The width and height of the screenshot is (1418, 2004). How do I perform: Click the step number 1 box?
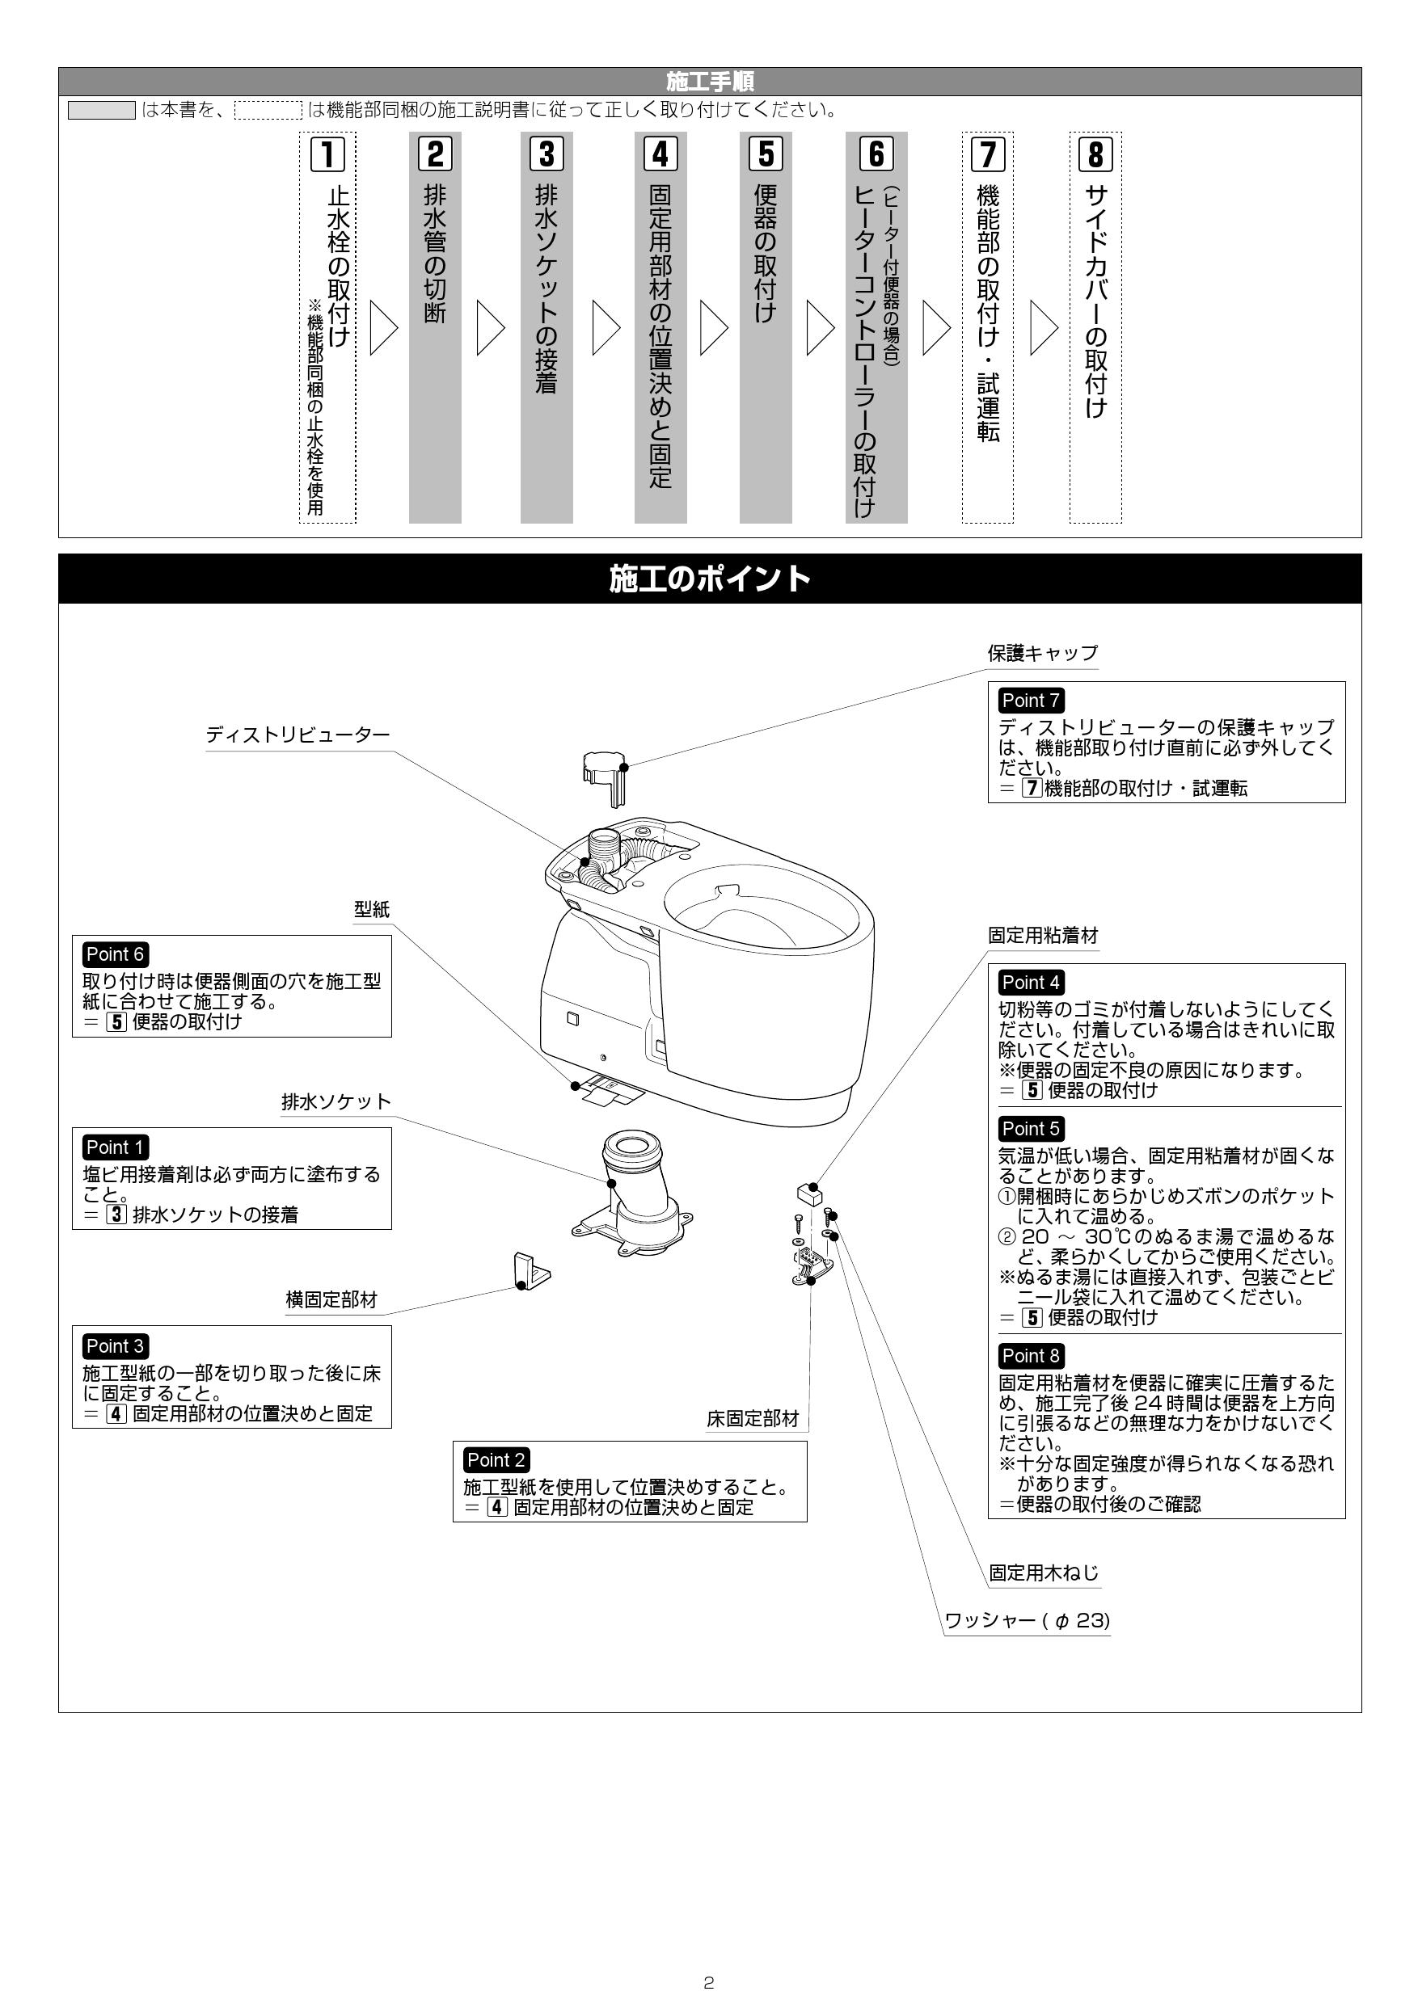[327, 154]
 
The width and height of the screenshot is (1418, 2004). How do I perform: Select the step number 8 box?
[1095, 154]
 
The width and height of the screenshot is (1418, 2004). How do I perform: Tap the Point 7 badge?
[1030, 700]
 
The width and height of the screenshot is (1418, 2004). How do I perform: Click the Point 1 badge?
[114, 1147]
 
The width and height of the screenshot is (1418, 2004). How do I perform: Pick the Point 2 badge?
[495, 1459]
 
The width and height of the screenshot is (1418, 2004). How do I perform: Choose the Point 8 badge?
[1030, 1355]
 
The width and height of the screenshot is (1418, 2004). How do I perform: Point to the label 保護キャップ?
[1043, 653]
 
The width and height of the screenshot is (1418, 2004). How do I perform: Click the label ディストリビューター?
[298, 735]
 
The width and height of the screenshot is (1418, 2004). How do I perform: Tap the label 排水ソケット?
[336, 1101]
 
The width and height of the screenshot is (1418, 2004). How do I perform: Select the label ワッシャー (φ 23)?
[1027, 1620]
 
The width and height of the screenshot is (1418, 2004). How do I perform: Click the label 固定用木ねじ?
[1044, 1572]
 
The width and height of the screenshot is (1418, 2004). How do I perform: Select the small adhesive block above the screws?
[807, 1194]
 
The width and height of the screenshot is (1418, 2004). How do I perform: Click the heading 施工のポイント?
[709, 579]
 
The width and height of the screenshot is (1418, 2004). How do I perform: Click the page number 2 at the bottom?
[708, 1983]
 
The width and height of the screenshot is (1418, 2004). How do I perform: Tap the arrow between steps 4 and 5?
[713, 328]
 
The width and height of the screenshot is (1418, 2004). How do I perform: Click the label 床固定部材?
[753, 1419]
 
